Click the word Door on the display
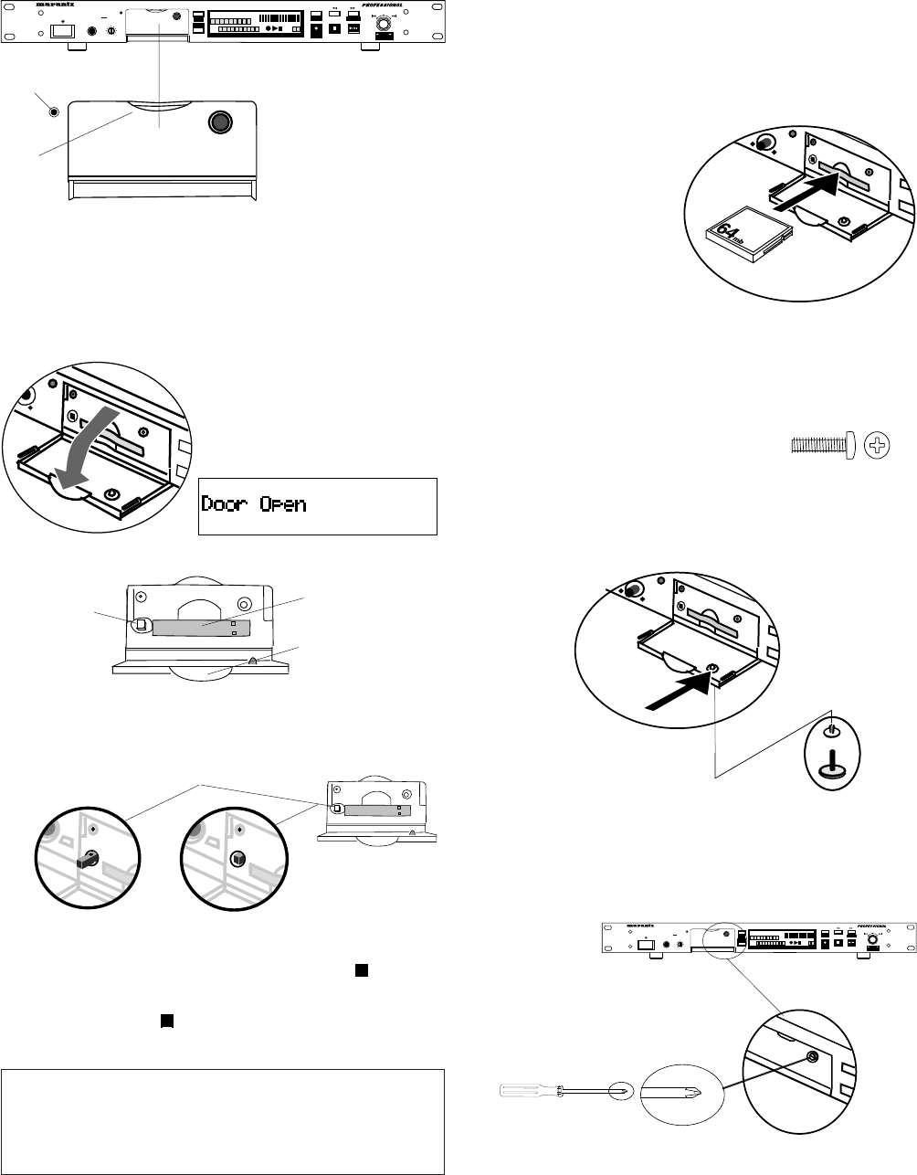point(229,504)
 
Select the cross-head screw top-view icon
point(878,446)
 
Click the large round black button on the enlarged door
point(220,122)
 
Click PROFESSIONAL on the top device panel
point(375,5)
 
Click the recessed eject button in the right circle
point(237,858)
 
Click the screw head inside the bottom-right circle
point(811,1057)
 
